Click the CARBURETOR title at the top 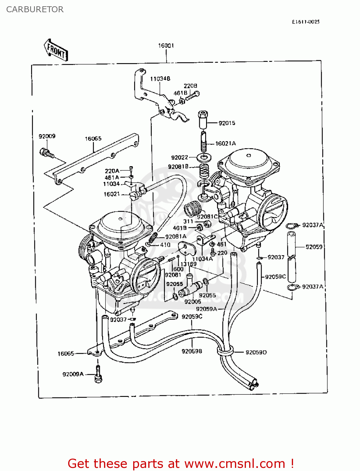click(x=35, y=9)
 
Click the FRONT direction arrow click(x=56, y=50)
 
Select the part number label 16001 click(x=166, y=46)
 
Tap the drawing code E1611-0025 click(x=305, y=22)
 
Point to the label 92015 click(x=227, y=123)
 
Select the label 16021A click(x=225, y=143)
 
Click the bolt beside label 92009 click(x=46, y=153)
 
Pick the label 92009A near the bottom click(x=73, y=374)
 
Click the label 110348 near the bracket click(x=160, y=79)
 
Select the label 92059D click(x=256, y=352)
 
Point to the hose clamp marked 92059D click(x=225, y=351)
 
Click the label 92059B click(x=192, y=351)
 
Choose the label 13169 click(x=188, y=264)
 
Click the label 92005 click(x=193, y=301)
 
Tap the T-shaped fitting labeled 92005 click(x=190, y=287)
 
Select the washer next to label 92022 click(x=204, y=157)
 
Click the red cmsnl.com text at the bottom click(x=181, y=463)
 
